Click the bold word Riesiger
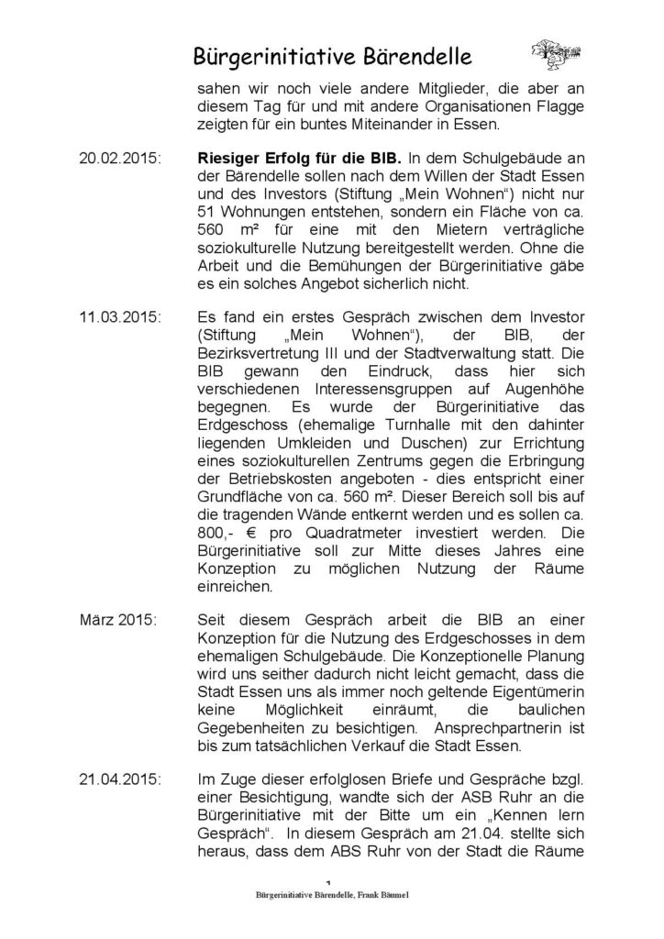pyautogui.click(x=232, y=157)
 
